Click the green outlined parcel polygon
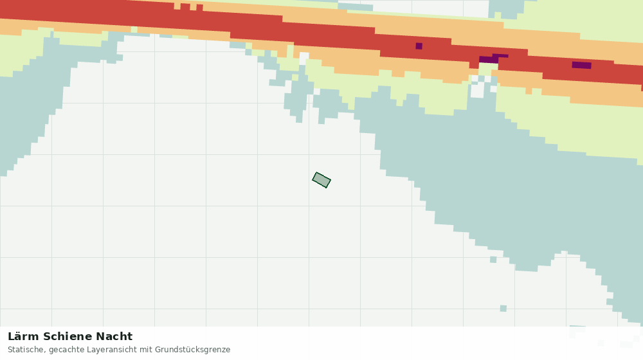tap(321, 180)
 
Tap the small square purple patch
tap(419, 46)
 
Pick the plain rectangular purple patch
tap(581, 65)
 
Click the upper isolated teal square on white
tap(493, 260)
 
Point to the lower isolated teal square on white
tap(503, 309)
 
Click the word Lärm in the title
tap(24, 337)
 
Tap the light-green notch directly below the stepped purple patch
tap(488, 69)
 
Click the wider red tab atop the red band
tap(185, 6)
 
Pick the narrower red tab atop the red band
tap(199, 7)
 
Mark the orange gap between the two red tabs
tap(193, 7)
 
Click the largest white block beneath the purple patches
tap(477, 91)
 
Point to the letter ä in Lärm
tap(19, 337)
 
